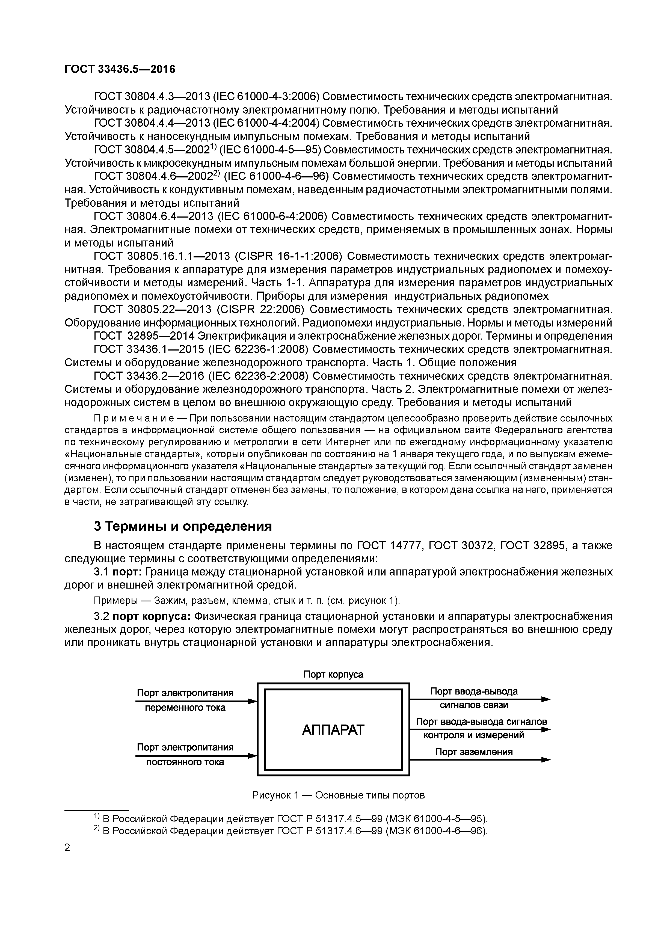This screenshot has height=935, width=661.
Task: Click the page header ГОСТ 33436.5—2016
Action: click(120, 69)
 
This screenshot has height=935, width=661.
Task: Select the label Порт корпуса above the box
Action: click(333, 674)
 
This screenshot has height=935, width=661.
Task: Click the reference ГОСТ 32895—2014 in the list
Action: click(144, 336)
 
